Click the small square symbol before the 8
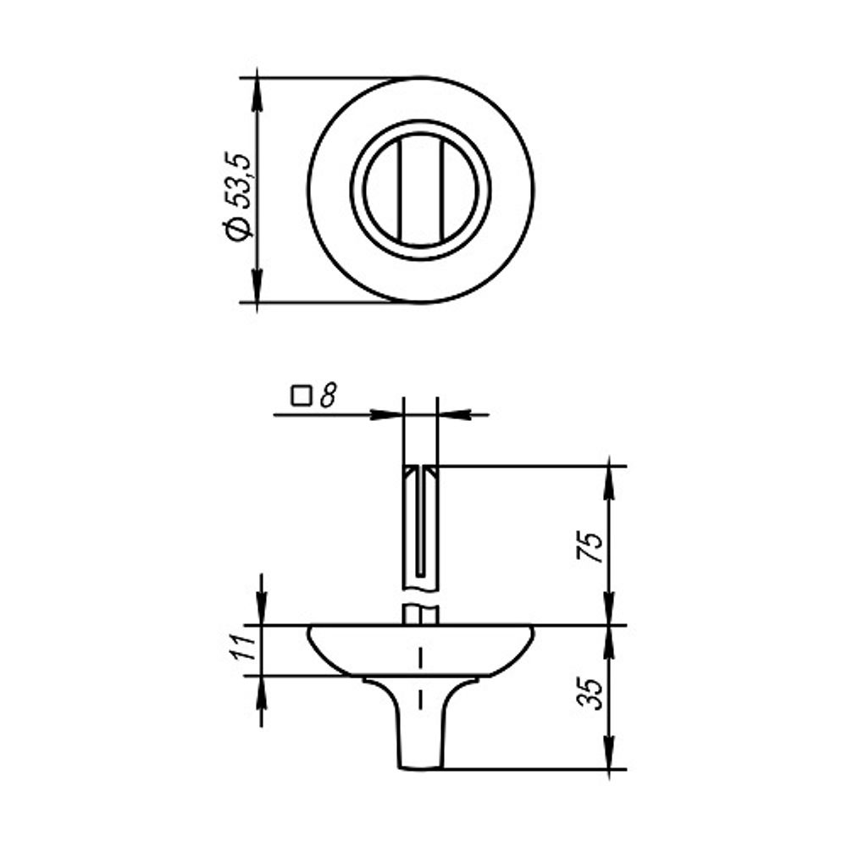300,395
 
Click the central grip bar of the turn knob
421,190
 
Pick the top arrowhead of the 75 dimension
609,479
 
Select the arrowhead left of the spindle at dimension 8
387,415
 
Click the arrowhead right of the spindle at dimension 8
453,415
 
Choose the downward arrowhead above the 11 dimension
260,613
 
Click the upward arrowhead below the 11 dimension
260,688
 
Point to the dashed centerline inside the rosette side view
421,669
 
